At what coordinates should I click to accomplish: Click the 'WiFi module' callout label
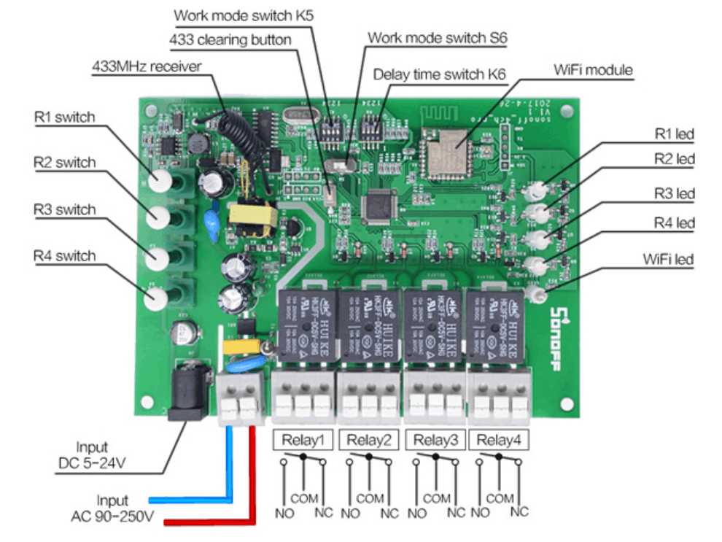pos(593,71)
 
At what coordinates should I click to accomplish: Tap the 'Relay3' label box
pos(435,440)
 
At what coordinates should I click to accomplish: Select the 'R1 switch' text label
pos(64,116)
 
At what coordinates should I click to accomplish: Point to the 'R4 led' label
pos(674,222)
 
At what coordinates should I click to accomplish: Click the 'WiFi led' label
pos(668,259)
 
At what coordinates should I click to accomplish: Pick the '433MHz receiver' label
pos(146,66)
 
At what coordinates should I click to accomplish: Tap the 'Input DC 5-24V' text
pos(91,454)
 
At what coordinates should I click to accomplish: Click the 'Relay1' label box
pos(303,440)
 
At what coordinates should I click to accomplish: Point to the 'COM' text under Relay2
pos(370,499)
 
